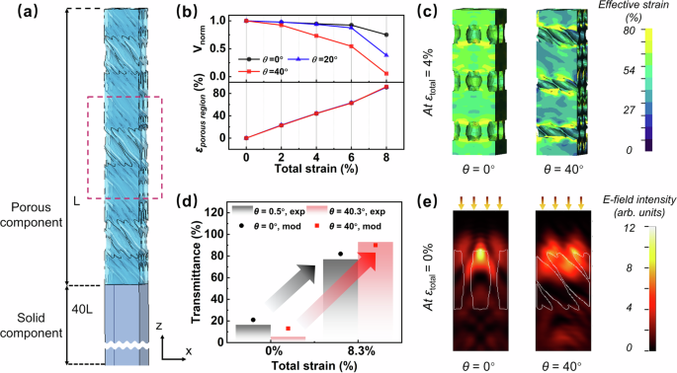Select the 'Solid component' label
[36, 327]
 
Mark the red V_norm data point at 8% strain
[385, 74]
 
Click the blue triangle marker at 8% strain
[385, 55]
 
